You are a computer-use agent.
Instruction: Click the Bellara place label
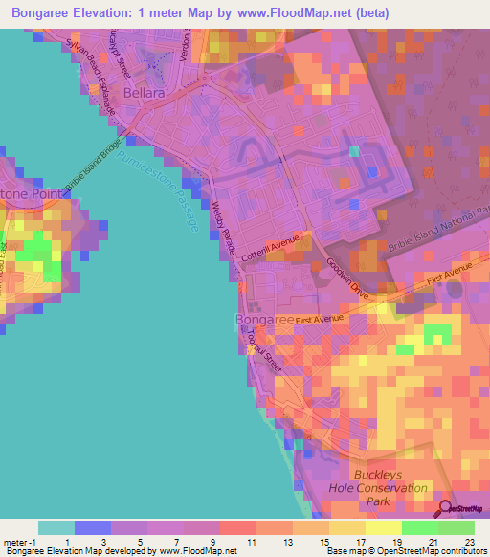coord(146,93)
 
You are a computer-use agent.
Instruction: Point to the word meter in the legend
coord(16,542)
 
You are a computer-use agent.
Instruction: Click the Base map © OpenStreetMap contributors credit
coord(405,552)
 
